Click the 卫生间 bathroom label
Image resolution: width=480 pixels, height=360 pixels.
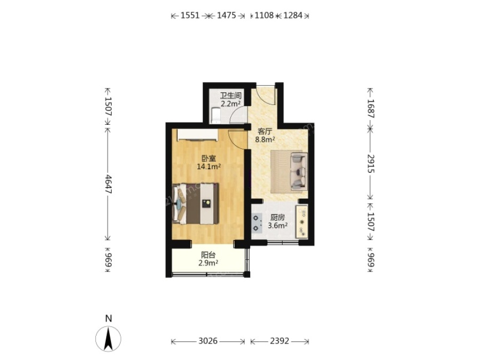(230, 95)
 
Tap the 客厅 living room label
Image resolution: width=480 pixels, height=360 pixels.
(265, 132)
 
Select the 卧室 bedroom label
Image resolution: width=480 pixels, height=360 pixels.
(209, 158)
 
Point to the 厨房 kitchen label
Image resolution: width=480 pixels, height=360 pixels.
(278, 218)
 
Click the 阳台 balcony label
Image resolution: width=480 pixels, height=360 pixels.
(208, 255)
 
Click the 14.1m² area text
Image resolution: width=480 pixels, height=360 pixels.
(209, 167)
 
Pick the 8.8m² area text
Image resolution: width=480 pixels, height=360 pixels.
(265, 140)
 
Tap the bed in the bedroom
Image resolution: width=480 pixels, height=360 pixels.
(195, 204)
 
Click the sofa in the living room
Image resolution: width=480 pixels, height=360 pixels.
(299, 171)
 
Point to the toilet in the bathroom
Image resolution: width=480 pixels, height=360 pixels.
(215, 115)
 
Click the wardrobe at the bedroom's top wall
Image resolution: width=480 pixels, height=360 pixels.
(197, 135)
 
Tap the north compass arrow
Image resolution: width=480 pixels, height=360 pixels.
(108, 339)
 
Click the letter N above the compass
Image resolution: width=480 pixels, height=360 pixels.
(108, 319)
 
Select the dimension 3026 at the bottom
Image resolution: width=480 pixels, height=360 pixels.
(208, 341)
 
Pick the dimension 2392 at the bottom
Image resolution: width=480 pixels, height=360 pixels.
(279, 341)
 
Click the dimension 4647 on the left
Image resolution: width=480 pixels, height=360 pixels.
(108, 183)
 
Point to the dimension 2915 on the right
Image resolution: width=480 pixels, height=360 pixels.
(371, 164)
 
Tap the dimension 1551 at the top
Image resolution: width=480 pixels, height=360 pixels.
(190, 15)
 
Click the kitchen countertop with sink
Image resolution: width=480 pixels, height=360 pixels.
(301, 222)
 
